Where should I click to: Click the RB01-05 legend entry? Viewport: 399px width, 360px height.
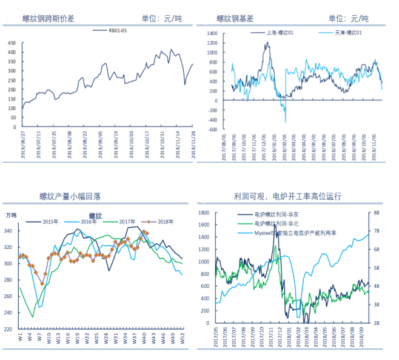(x=117, y=30)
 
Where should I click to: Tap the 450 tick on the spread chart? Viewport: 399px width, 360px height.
(x=12, y=43)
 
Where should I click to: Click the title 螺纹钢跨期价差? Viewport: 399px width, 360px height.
(x=49, y=19)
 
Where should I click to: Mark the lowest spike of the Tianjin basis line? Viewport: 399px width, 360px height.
(x=286, y=122)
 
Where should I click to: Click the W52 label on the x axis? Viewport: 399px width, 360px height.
(x=182, y=337)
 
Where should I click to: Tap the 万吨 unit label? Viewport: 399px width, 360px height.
(x=12, y=216)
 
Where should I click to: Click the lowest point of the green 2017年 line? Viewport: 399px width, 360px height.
(x=33, y=316)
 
